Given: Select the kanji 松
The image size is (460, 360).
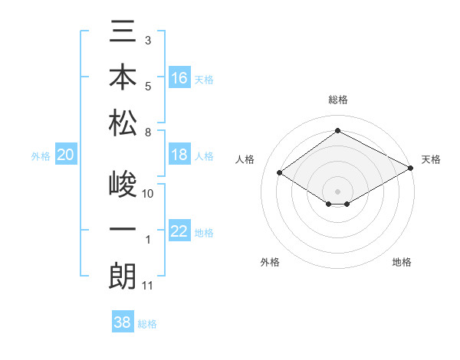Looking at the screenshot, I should coord(123,122).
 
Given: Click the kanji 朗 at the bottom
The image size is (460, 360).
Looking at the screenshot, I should coord(123,275).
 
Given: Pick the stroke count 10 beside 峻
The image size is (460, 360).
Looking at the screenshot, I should coord(148,194).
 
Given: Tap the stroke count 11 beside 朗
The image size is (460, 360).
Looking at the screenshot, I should coord(148,286).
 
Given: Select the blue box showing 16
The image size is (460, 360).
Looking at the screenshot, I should coord(179,77).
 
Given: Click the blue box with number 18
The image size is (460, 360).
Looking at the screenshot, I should coord(179,155).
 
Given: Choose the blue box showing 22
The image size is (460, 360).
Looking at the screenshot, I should coord(179,232).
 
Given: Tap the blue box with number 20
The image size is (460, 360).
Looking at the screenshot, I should coord(65,155).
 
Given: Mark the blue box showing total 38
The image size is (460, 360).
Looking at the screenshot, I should coord(123,323).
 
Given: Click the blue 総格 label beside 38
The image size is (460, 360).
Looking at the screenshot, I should coord(147,324).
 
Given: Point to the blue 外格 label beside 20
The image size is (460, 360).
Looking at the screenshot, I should coord(41,156).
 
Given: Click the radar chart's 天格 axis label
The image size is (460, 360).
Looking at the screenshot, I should coord(431,159).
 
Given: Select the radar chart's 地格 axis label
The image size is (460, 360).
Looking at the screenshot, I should coord(402,262).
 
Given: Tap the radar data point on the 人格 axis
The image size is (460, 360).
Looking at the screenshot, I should coord(279,173).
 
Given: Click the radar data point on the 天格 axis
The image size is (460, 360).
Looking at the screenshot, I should coord(411,169).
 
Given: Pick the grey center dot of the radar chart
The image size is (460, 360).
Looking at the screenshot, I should coord(338,191).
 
